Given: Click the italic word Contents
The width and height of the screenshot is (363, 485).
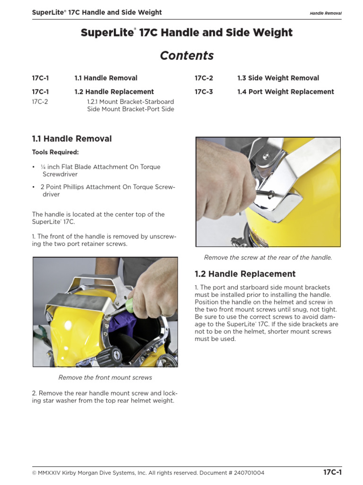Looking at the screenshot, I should (187, 56).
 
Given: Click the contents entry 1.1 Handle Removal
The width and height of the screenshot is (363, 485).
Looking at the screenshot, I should (106, 78).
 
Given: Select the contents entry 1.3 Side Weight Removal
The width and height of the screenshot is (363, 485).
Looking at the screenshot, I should (278, 78).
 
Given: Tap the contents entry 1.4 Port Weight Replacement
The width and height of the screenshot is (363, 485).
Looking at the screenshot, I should (285, 92).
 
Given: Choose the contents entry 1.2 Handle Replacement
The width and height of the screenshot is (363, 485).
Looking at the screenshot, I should (114, 92).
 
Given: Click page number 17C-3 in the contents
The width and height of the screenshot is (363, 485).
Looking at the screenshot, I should (204, 92).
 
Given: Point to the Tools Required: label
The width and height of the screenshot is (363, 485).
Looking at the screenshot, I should (55, 153).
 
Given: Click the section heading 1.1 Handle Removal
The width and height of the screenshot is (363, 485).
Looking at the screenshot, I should (72, 139).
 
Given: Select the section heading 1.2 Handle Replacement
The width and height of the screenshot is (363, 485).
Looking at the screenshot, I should (245, 274).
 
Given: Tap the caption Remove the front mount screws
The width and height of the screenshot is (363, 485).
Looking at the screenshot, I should (105, 377).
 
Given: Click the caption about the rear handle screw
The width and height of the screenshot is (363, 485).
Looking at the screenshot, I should (268, 258).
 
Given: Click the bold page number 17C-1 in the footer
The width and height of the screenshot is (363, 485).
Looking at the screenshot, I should (332, 473).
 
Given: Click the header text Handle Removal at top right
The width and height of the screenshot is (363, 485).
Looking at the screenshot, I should (325, 13).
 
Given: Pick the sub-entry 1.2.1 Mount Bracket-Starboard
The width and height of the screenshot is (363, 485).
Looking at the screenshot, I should (130, 102).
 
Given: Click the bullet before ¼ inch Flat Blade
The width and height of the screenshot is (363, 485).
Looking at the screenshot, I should (34, 167).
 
